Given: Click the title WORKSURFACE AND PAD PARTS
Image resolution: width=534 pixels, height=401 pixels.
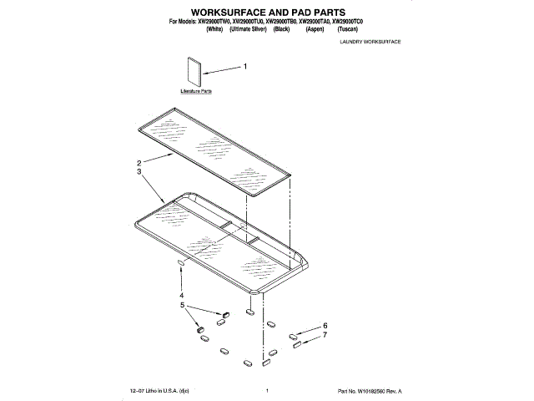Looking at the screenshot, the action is [267, 12].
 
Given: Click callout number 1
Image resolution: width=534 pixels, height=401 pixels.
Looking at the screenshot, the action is [244, 66].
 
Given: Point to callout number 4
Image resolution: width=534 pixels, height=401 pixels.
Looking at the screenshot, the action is [180, 296].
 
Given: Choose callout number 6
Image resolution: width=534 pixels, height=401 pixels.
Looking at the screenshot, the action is [325, 326].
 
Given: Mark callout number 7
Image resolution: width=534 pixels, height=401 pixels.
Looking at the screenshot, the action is [325, 335].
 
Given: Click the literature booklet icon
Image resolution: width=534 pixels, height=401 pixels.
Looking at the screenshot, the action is [195, 72].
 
